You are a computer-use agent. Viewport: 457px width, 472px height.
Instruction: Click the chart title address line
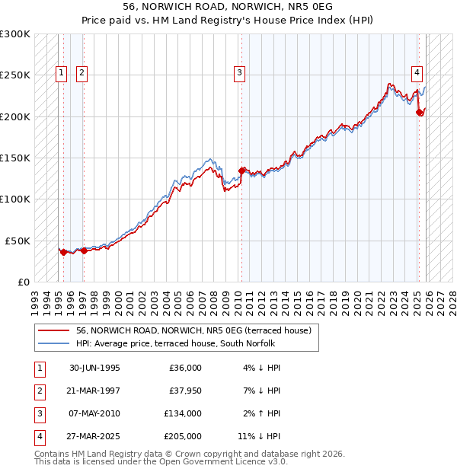pos(228,6)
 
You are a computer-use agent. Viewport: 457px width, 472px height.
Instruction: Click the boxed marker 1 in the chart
pos(60,73)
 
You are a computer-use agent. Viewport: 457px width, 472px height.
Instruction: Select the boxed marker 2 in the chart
pos(81,73)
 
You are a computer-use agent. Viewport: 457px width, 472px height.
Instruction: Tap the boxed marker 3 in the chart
pos(239,73)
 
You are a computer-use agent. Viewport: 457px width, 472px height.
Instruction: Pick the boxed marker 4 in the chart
pos(417,73)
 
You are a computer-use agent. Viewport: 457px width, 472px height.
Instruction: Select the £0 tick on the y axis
pos(23,282)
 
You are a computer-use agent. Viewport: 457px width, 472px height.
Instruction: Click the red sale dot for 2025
pos(420,113)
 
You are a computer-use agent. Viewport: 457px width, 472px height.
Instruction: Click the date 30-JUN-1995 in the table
pos(94,368)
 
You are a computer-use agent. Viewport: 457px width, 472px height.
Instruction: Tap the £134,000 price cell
pos(182,413)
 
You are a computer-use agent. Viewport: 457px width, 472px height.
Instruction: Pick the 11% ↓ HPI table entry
pos(259,436)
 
